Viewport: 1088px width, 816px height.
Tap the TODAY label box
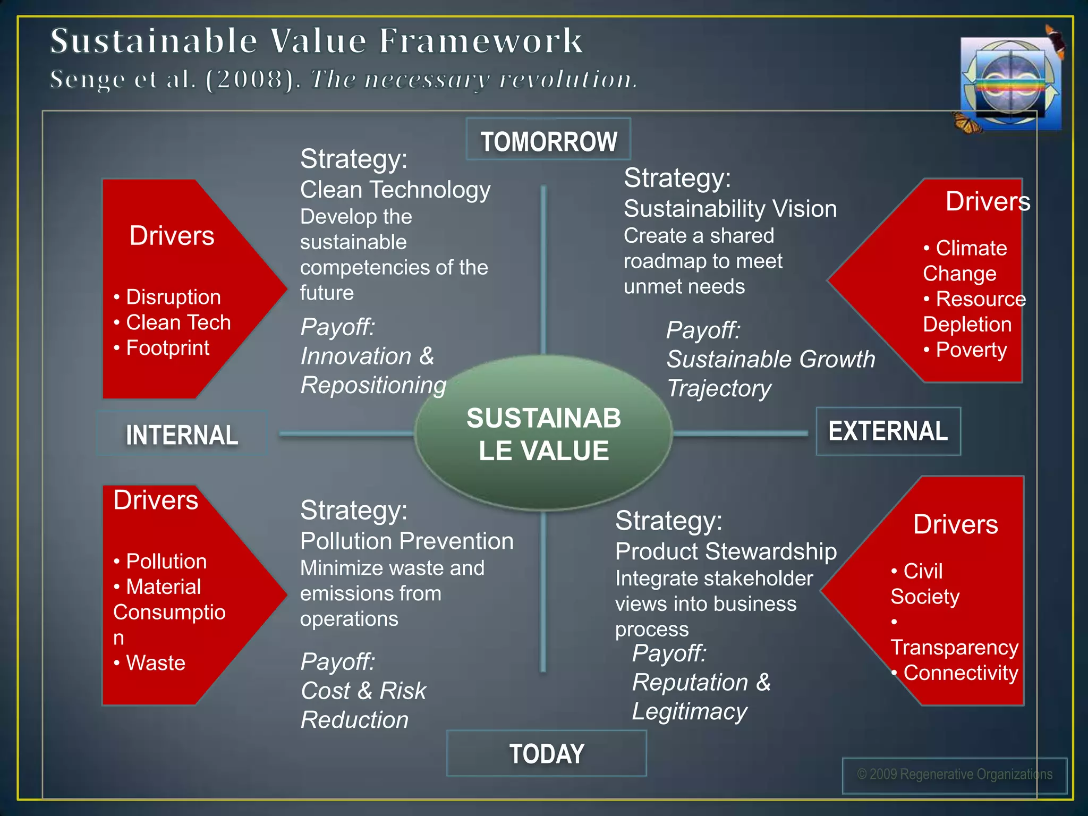tap(547, 753)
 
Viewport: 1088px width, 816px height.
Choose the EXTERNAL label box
tap(888, 431)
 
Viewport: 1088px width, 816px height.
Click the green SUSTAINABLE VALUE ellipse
tap(543, 433)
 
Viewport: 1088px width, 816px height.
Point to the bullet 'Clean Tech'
tap(178, 322)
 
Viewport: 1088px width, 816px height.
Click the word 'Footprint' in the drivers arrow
tap(167, 348)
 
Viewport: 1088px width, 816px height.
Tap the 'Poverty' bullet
tap(971, 350)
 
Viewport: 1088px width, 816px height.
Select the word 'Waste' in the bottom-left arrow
tap(155, 663)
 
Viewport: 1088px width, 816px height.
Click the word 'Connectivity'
tap(960, 673)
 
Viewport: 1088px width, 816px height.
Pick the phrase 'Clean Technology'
tap(395, 190)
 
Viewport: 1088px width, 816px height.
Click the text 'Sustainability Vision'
tap(730, 209)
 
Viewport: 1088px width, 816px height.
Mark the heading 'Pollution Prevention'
tap(406, 541)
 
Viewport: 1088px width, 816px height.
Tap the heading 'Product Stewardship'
tap(726, 551)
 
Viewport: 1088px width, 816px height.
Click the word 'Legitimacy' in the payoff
tap(689, 711)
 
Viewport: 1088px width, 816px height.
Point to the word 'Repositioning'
tap(373, 385)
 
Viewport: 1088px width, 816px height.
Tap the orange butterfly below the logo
tap(966, 122)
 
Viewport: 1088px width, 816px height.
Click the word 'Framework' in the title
tap(481, 41)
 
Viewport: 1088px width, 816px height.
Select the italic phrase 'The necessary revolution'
tap(473, 80)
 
